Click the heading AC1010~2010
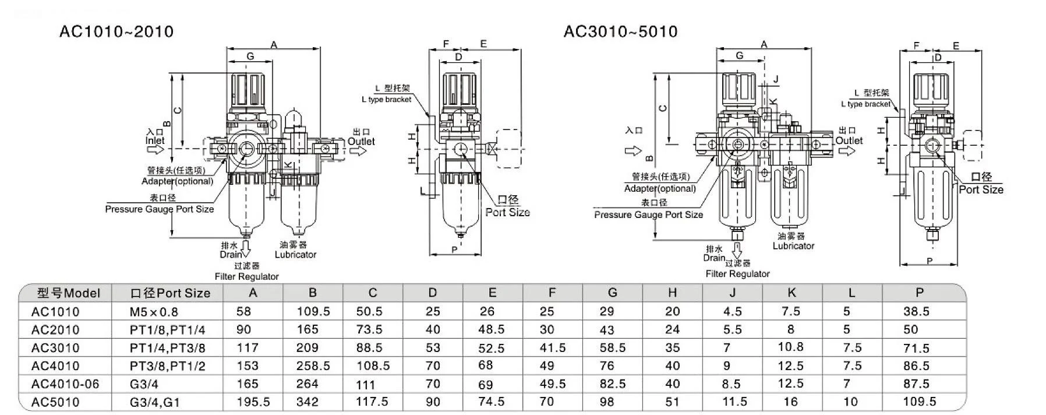click(116, 31)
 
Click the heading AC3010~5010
click(620, 31)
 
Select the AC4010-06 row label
click(65, 384)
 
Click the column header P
click(920, 293)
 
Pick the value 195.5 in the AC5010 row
click(254, 402)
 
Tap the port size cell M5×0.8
click(154, 312)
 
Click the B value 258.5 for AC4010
click(313, 366)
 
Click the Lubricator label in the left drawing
click(295, 255)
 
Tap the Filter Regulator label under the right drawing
click(737, 274)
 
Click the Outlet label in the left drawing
click(361, 142)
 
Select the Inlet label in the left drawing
click(155, 140)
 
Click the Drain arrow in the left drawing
click(245, 249)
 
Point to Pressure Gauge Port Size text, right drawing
click(648, 215)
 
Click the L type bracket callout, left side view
click(386, 100)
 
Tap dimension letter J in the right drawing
click(776, 79)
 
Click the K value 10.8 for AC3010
click(790, 347)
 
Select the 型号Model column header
click(69, 293)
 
